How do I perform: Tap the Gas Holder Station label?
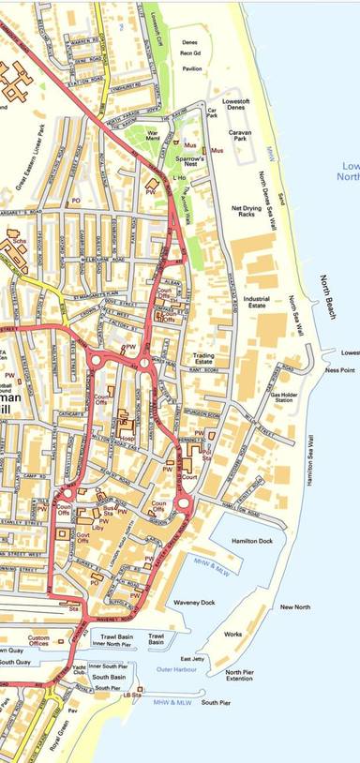pyautogui.click(x=284, y=398)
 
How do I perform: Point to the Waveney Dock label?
pyautogui.click(x=194, y=603)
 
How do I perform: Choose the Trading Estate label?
pyautogui.click(x=203, y=360)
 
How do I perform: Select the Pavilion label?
pyautogui.click(x=192, y=68)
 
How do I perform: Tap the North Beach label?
pyautogui.click(x=326, y=296)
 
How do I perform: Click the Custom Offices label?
pyautogui.click(x=39, y=641)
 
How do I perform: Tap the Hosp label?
pyautogui.click(x=126, y=437)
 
